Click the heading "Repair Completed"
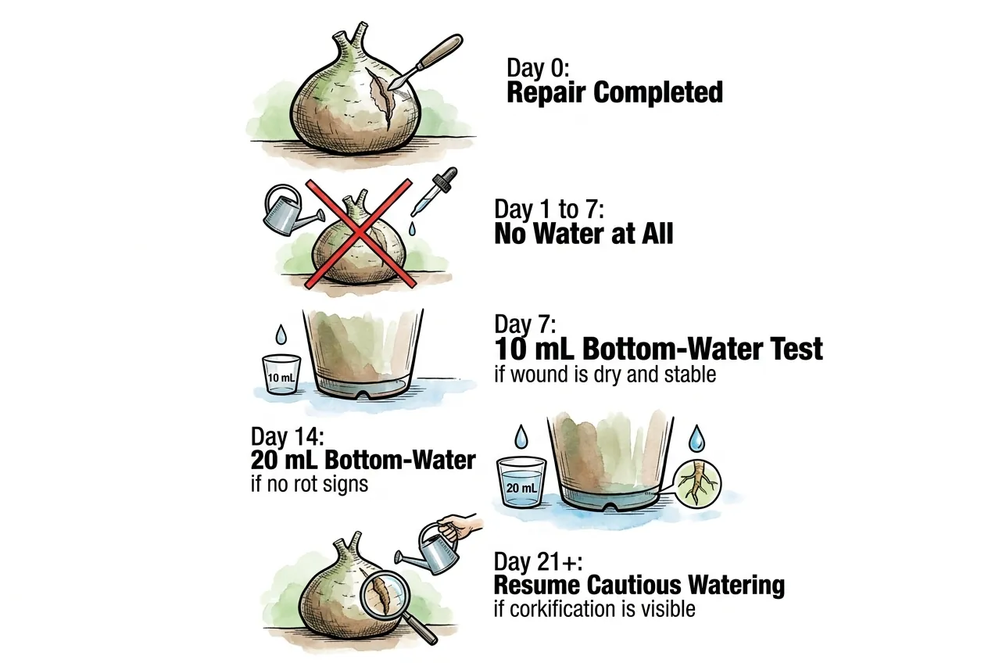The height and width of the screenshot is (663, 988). tap(614, 92)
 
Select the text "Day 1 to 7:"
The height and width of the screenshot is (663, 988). tap(549, 209)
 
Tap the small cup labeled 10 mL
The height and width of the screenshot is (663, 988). tap(281, 375)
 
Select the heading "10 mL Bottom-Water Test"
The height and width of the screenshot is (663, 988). tap(658, 349)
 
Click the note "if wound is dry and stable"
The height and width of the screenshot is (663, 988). tap(605, 375)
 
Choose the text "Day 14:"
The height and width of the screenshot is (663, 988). tap(288, 436)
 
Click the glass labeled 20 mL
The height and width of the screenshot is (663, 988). tap(521, 482)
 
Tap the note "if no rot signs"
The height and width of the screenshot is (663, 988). tap(310, 484)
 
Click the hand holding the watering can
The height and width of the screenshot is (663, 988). tap(461, 527)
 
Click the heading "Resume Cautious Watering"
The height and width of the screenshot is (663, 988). tap(639, 585)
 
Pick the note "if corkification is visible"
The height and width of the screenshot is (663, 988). tap(595, 609)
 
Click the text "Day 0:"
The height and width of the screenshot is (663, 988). tap(538, 68)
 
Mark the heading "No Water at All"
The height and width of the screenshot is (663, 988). tap(584, 233)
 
